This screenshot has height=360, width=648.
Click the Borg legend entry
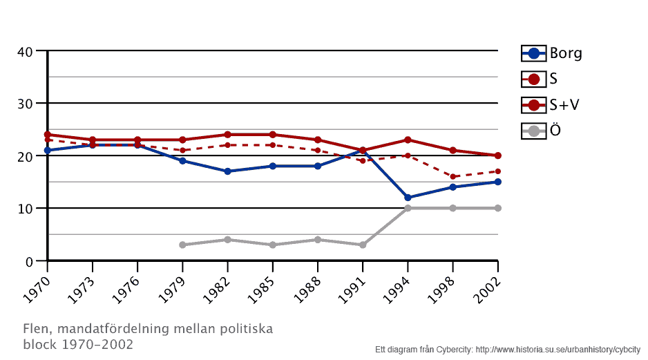coord(552,53)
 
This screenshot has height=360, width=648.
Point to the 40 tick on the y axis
coord(26,51)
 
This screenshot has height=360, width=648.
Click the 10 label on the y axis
coord(26,209)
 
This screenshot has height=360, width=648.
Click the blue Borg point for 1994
coord(408,198)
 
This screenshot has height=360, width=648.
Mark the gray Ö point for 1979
coord(182,245)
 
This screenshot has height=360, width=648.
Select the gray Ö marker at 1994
coord(408,208)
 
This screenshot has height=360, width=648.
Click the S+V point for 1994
coord(408,140)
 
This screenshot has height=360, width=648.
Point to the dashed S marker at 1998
coord(452,177)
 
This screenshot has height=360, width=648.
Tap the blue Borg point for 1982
coord(227,171)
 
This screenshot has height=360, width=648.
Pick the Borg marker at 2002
coord(497,182)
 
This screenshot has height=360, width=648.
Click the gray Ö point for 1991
coord(363,245)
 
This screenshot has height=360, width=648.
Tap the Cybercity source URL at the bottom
coord(558,348)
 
